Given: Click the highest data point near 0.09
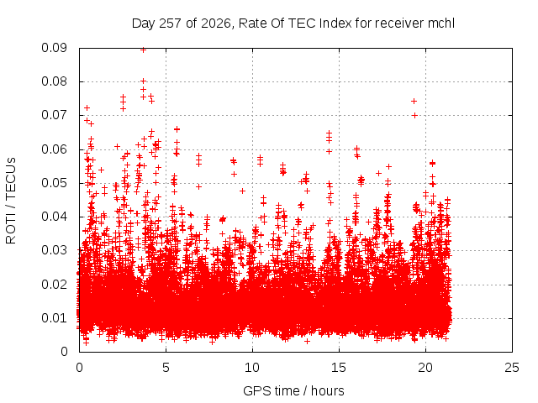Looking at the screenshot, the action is pyautogui.click(x=144, y=50).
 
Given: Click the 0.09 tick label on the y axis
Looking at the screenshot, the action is pyautogui.click(x=54, y=48).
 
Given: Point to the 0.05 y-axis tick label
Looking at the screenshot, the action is pyautogui.click(x=54, y=183).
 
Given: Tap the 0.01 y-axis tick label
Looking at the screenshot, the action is pyautogui.click(x=54, y=318).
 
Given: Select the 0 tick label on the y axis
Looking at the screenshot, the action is pyautogui.click(x=64, y=352).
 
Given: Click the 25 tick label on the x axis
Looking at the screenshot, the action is pyautogui.click(x=512, y=368).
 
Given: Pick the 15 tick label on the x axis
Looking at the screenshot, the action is pyautogui.click(x=339, y=368).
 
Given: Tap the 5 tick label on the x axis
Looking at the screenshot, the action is pyautogui.click(x=166, y=368).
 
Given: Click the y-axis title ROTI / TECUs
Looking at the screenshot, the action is pyautogui.click(x=11, y=201).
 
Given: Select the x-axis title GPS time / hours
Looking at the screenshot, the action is pyautogui.click(x=293, y=390).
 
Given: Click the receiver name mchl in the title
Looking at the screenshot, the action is pyautogui.click(x=441, y=24).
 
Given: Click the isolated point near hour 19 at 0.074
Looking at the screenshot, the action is pyautogui.click(x=414, y=101).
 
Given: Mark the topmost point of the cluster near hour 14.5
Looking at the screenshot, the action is pyautogui.click(x=329, y=133).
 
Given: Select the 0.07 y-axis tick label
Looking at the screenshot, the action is pyautogui.click(x=54, y=115).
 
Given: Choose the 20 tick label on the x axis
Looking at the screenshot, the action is pyautogui.click(x=425, y=368).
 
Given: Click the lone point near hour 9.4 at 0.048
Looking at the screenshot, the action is pyautogui.click(x=242, y=191).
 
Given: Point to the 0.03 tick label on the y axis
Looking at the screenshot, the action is pyautogui.click(x=54, y=250).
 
